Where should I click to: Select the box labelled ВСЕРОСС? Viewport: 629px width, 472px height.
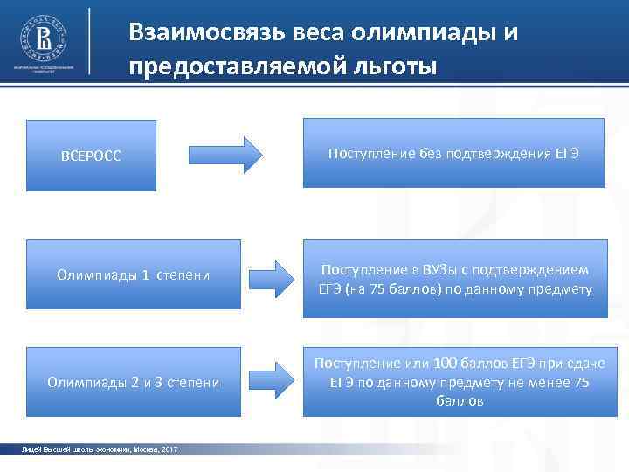[x=91, y=156]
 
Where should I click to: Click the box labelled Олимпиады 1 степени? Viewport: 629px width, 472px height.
[x=133, y=275]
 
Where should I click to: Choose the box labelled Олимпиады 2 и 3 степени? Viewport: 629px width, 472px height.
[x=133, y=382]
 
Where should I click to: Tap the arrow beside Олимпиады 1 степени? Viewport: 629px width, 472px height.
[x=273, y=278]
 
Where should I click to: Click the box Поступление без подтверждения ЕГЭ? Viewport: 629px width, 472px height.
[x=453, y=153]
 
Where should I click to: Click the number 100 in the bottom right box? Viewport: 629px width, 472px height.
[x=449, y=363]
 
